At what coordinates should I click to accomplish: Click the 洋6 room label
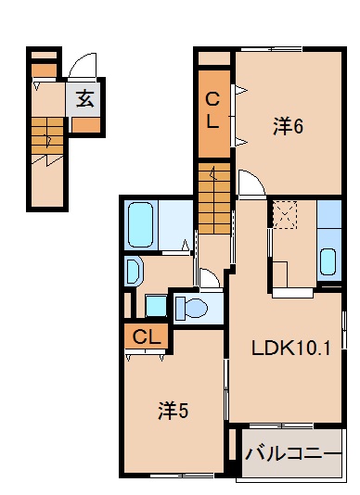point(288,128)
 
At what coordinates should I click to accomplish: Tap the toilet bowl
point(193,306)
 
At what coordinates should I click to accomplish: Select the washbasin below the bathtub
point(133,272)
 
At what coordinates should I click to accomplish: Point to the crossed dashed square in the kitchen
point(282,216)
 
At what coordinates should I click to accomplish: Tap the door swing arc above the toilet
point(209,277)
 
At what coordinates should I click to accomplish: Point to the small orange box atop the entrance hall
point(44,68)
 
